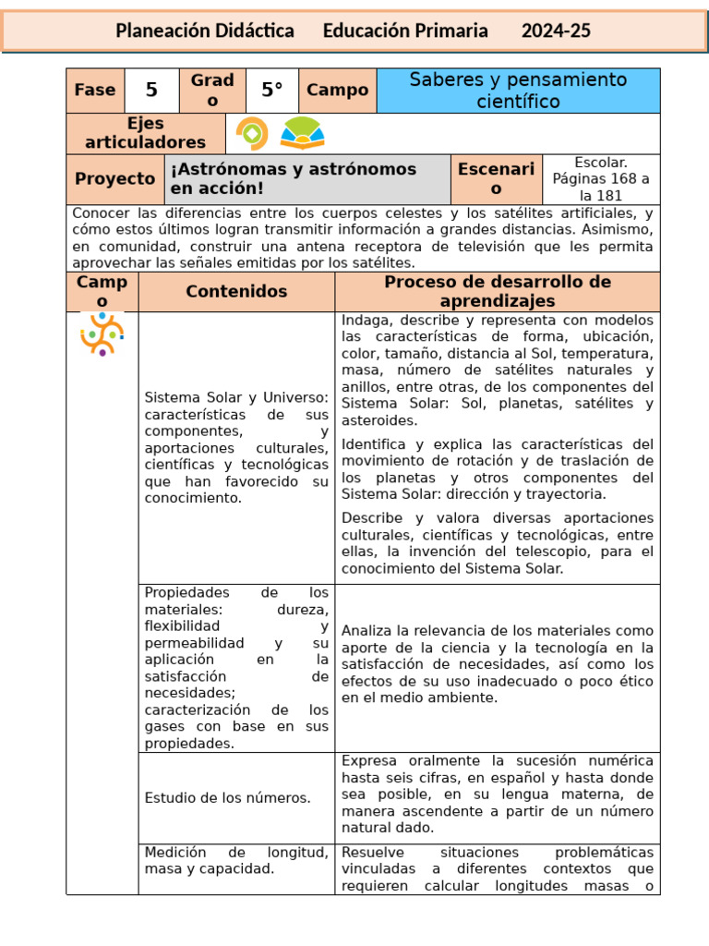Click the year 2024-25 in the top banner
(556, 31)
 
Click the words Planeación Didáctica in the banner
(205, 31)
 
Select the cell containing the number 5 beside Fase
(151, 91)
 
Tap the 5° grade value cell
(271, 91)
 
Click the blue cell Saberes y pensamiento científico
(518, 91)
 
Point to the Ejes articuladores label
(146, 133)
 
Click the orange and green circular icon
(252, 134)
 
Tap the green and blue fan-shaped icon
(302, 134)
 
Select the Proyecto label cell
(115, 179)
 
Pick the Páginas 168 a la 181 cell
(600, 179)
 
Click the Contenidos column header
(236, 292)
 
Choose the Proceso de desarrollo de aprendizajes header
(498, 292)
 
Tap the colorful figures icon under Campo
(102, 334)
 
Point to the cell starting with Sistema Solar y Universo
(236, 447)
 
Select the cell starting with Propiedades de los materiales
(236, 667)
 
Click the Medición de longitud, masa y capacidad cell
(236, 860)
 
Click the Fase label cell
(95, 91)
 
